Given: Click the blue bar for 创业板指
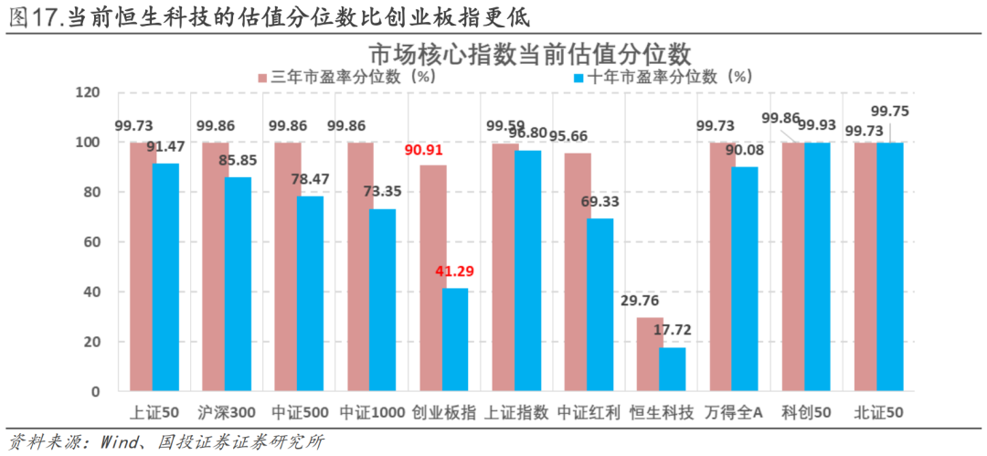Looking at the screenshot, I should (x=455, y=340).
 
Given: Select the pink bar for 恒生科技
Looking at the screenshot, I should (x=650, y=355).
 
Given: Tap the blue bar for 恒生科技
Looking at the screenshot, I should (x=673, y=369).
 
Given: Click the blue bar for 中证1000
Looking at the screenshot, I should (x=383, y=301).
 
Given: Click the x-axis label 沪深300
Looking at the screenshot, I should (x=226, y=412).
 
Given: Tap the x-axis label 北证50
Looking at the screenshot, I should (x=878, y=412).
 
